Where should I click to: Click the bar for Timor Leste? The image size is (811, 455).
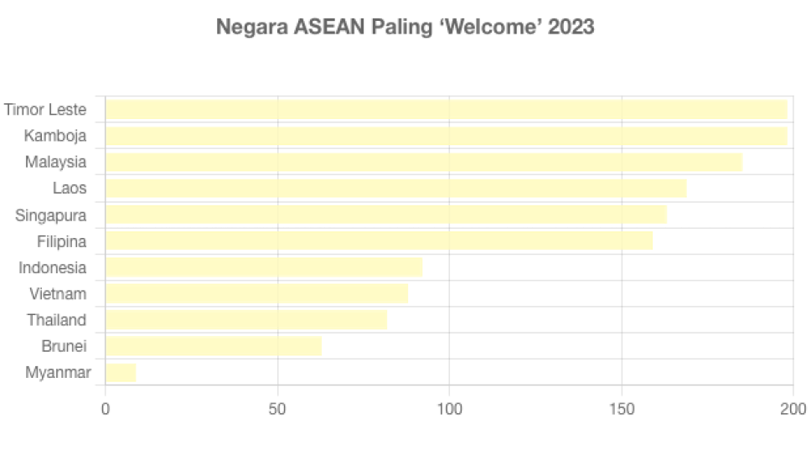(447, 109)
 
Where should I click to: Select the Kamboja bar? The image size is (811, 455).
(447, 136)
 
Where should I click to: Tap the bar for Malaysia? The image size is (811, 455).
(424, 162)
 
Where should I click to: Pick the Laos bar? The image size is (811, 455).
(395, 189)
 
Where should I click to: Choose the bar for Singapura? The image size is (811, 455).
(386, 215)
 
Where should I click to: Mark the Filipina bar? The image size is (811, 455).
(379, 241)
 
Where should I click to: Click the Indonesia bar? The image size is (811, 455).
(264, 267)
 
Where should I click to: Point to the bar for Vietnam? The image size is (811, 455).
(256, 293)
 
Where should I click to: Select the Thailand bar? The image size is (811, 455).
(246, 320)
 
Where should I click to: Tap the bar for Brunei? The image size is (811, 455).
(214, 346)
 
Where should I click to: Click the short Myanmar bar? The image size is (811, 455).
(121, 373)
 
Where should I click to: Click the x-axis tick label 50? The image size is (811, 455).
(277, 410)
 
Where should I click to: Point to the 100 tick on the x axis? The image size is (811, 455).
(450, 410)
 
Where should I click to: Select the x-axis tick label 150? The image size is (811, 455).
(622, 410)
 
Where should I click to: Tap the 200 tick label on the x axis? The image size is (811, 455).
(793, 410)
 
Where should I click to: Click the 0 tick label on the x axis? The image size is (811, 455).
(106, 410)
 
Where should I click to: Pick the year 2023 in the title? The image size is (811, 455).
(571, 28)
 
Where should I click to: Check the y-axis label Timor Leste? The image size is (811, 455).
(45, 110)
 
